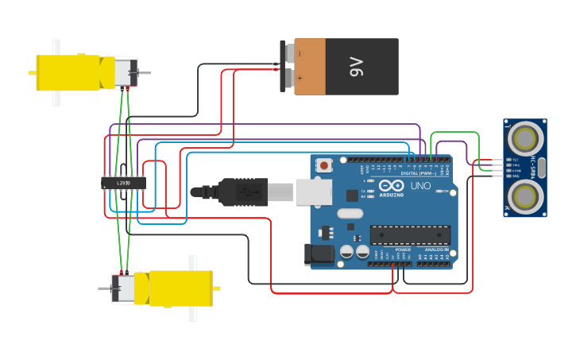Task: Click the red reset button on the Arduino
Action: click(324, 165)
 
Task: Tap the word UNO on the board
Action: click(420, 186)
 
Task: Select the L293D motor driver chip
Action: click(123, 184)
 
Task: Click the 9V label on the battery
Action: click(357, 67)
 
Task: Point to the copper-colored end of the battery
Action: click(310, 67)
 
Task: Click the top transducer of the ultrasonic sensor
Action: click(525, 138)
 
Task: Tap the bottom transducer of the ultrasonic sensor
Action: click(525, 195)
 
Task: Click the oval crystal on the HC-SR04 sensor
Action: click(541, 167)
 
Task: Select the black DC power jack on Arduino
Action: click(319, 254)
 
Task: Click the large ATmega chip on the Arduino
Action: click(410, 235)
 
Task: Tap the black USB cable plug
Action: click(243, 192)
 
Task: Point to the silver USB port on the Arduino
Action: click(313, 192)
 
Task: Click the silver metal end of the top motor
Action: click(126, 72)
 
